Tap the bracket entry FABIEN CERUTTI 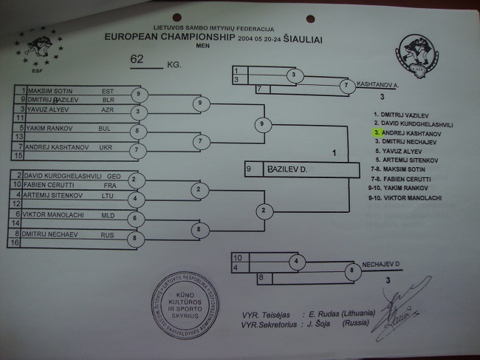[52, 186]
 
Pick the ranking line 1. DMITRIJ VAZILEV [403, 115]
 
